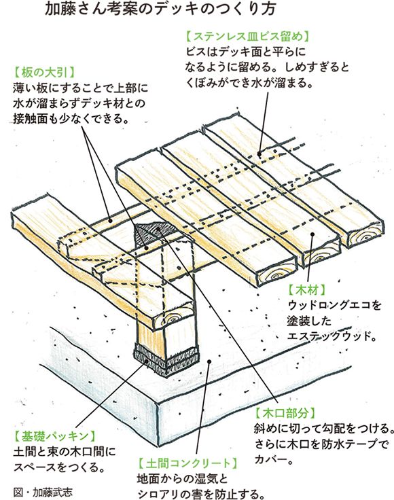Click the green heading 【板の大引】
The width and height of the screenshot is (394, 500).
[x=44, y=73]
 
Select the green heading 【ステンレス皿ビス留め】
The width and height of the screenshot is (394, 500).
[x=247, y=36]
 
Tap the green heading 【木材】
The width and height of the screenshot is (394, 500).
[x=307, y=290]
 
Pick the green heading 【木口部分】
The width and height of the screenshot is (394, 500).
[x=285, y=413]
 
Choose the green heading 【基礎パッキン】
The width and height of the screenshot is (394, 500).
[x=55, y=436]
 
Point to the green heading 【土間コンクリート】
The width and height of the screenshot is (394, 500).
[x=188, y=463]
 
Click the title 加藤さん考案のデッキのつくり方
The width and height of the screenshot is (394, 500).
[x=160, y=10]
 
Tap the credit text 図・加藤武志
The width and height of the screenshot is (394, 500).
[x=43, y=491]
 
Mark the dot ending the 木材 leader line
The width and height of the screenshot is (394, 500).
[x=312, y=234]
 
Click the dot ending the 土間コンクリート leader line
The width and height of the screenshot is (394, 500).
[x=209, y=361]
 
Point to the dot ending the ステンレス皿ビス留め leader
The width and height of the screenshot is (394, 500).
[x=259, y=154]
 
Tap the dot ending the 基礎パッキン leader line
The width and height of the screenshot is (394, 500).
[x=147, y=361]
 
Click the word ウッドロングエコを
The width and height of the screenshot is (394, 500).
[x=335, y=306]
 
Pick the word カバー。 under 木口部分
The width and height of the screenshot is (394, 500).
[x=274, y=459]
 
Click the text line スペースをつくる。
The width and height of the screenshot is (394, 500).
[x=60, y=467]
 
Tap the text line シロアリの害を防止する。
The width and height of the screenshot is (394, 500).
[x=201, y=494]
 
